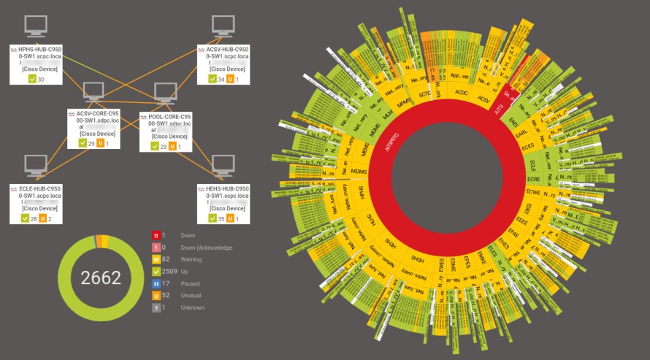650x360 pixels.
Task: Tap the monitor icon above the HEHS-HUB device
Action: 223,166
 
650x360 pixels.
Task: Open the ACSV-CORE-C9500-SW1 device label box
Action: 94,129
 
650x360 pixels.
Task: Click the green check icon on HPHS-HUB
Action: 32,80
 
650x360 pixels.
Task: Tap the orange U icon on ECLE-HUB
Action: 41,218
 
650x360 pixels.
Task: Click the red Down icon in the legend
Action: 156,236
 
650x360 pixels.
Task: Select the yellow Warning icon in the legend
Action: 156,259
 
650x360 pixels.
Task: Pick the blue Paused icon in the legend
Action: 156,283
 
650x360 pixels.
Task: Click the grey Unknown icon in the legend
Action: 156,307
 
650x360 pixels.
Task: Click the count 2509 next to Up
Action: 169,272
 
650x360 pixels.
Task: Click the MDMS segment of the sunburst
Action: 359,172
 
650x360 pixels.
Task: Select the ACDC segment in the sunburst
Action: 461,93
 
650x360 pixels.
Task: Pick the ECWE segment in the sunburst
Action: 533,193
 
